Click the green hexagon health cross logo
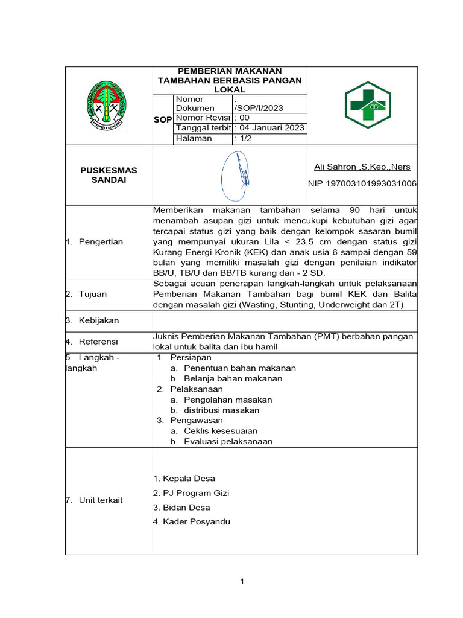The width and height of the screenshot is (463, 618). (367, 105)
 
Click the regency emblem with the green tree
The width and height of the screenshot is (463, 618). (107, 106)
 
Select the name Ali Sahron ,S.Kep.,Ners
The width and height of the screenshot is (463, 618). (362, 167)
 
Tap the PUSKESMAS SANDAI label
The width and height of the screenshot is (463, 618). (109, 175)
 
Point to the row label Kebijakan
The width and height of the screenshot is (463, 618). (98, 320)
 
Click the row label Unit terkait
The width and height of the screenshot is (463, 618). (100, 500)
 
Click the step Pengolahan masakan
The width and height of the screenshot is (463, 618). (228, 400)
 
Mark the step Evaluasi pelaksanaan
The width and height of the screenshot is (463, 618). (228, 441)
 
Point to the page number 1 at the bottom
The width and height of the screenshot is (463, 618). (242, 581)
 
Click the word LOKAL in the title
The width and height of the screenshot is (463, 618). (229, 89)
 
